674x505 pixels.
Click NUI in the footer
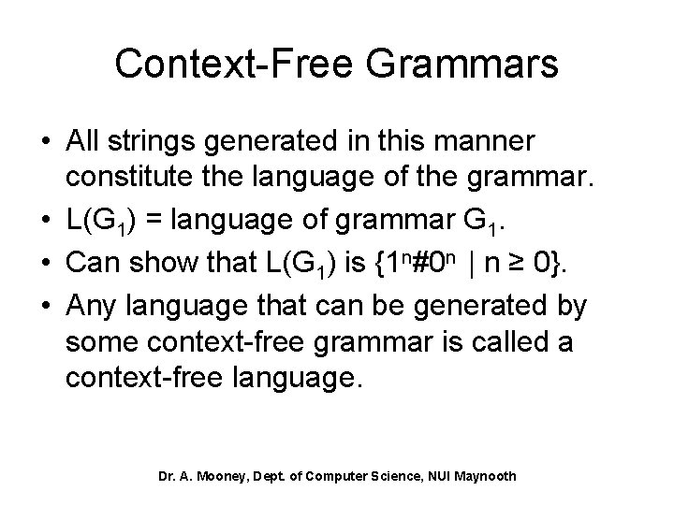click(431, 476)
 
